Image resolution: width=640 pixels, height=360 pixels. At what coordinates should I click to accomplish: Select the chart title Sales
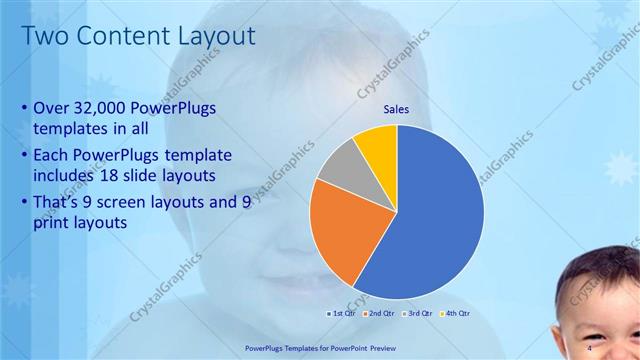(x=397, y=110)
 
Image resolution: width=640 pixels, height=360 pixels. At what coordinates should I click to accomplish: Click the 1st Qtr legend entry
(x=344, y=313)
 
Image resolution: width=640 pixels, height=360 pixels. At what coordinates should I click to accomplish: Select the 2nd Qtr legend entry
(x=383, y=313)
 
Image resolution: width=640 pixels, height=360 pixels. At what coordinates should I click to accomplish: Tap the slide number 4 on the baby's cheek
(x=591, y=347)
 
